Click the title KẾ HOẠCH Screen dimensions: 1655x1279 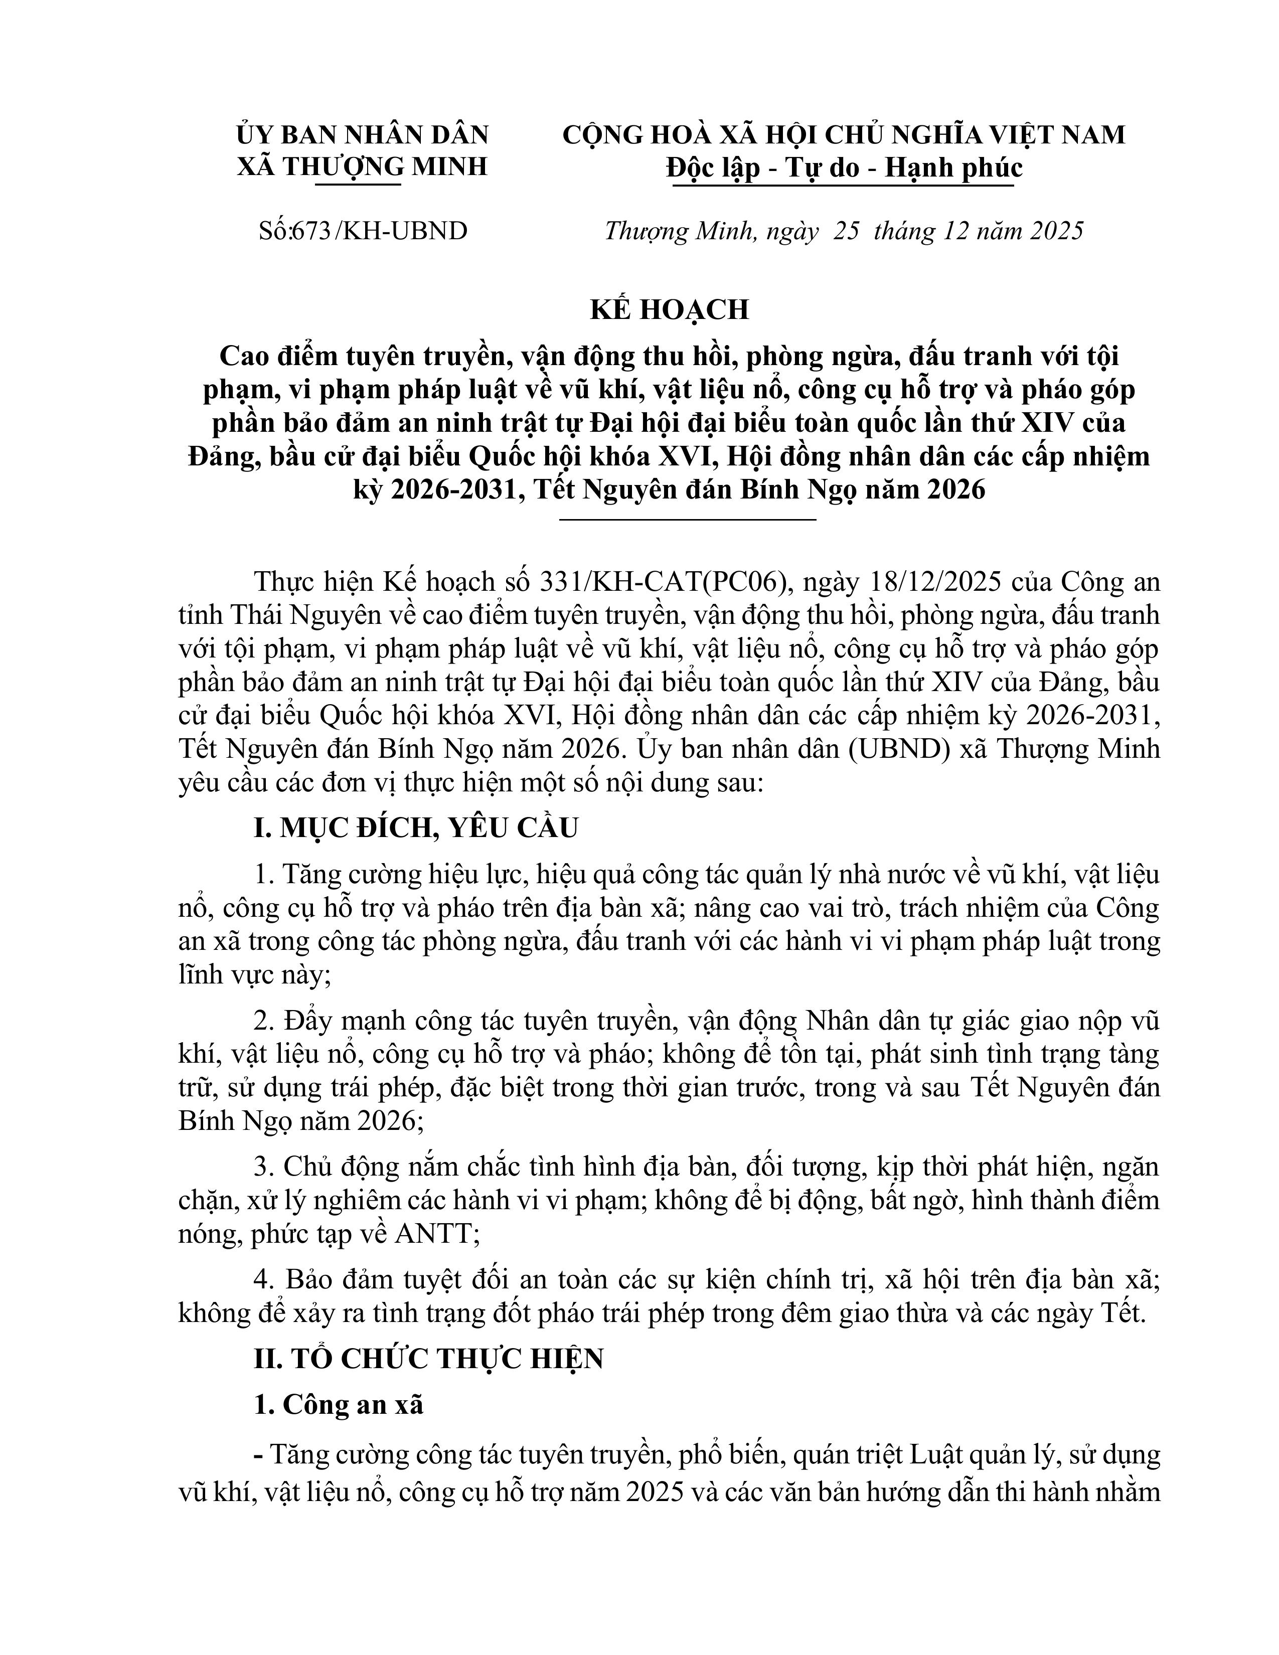click(669, 309)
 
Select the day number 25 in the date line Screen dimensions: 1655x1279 click(846, 230)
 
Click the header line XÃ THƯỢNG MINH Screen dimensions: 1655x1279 click(362, 166)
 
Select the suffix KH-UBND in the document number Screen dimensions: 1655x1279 click(405, 230)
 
